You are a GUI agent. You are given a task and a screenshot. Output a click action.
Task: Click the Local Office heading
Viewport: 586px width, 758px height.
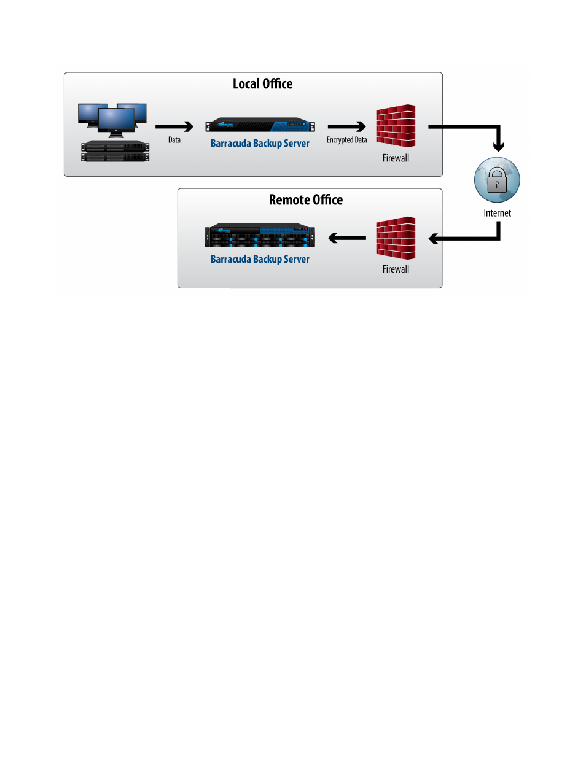coord(262,83)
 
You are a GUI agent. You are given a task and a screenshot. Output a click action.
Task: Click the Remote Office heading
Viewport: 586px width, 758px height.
coord(306,200)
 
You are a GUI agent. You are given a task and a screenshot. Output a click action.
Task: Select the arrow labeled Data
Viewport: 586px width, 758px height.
coord(174,126)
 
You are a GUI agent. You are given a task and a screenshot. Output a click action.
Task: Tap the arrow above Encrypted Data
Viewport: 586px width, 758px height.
coord(346,126)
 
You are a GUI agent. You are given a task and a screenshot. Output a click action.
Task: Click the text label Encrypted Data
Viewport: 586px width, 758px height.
coord(346,140)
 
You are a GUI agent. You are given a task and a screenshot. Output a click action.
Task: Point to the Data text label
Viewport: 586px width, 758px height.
coord(174,140)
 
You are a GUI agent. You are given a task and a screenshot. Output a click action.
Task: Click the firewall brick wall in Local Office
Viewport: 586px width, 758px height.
coord(396,126)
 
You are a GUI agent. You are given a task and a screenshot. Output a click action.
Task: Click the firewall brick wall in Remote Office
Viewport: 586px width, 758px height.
coord(396,238)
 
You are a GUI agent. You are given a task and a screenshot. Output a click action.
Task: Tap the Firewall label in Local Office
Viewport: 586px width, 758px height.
coord(396,158)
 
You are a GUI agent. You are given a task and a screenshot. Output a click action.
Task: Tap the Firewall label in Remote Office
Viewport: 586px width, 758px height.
coord(396,269)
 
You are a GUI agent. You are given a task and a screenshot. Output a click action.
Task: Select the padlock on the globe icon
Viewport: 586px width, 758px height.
coord(497,180)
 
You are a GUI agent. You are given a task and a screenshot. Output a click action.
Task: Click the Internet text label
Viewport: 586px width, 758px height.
coord(497,213)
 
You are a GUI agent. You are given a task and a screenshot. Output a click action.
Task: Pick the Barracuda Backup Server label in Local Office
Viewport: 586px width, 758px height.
coord(260,144)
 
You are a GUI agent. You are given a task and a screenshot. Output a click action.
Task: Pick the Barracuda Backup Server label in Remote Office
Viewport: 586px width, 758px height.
coord(260,259)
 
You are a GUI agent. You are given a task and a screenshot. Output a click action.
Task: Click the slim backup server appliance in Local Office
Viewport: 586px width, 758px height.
coord(260,125)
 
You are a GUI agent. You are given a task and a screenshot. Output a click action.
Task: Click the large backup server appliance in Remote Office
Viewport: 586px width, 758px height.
coord(260,235)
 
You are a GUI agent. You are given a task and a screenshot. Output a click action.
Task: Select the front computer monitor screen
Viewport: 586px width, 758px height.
coord(116,119)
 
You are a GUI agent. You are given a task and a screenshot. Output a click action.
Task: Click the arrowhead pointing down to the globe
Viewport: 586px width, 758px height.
coord(498,147)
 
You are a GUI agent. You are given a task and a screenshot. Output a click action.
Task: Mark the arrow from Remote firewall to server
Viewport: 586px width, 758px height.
coord(347,238)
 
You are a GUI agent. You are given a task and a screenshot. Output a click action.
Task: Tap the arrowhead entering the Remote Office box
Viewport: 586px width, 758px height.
coord(433,239)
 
